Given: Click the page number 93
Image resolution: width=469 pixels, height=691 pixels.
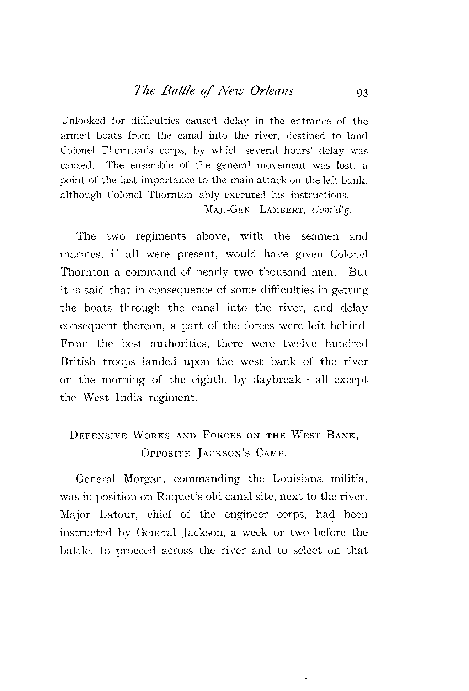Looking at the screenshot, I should coord(359,93).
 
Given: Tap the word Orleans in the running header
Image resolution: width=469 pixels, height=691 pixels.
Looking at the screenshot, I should coord(272,91).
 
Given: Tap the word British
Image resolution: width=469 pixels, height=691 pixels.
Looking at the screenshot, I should coord(78,362).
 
